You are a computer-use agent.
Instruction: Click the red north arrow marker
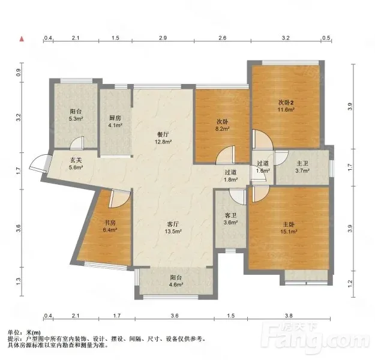click(x=22, y=39)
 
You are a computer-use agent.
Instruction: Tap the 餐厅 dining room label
click(x=163, y=134)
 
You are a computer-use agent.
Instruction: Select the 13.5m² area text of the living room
click(x=173, y=232)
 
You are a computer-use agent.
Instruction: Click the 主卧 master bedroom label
click(x=289, y=224)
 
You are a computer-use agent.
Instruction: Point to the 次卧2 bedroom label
click(x=286, y=103)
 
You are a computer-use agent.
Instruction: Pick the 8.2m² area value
click(x=223, y=128)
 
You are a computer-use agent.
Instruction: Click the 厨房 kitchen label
click(x=115, y=118)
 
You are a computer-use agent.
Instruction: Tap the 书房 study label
click(x=110, y=223)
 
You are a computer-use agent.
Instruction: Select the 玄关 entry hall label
click(x=76, y=160)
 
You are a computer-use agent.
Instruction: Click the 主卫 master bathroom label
click(x=302, y=164)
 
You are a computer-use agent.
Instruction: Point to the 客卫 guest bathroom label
click(x=230, y=215)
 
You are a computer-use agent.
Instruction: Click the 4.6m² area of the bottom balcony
click(x=176, y=284)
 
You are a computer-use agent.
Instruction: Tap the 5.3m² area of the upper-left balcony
click(x=76, y=118)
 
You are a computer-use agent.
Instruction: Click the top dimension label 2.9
click(x=163, y=38)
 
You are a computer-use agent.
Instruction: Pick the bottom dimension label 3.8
click(x=289, y=316)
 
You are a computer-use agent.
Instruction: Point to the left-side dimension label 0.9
click(x=19, y=72)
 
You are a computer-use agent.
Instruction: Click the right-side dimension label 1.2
click(x=350, y=283)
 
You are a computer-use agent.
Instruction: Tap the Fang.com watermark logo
click(x=315, y=335)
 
